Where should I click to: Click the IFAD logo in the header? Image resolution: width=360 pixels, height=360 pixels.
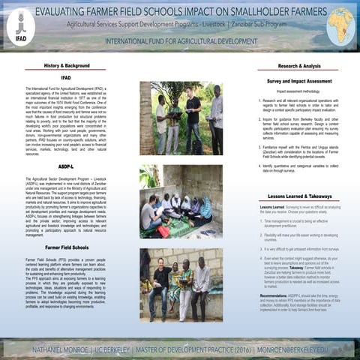20,26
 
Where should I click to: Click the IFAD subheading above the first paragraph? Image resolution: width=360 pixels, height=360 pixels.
66,77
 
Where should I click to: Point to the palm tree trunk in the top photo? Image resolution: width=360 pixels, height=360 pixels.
145,112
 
